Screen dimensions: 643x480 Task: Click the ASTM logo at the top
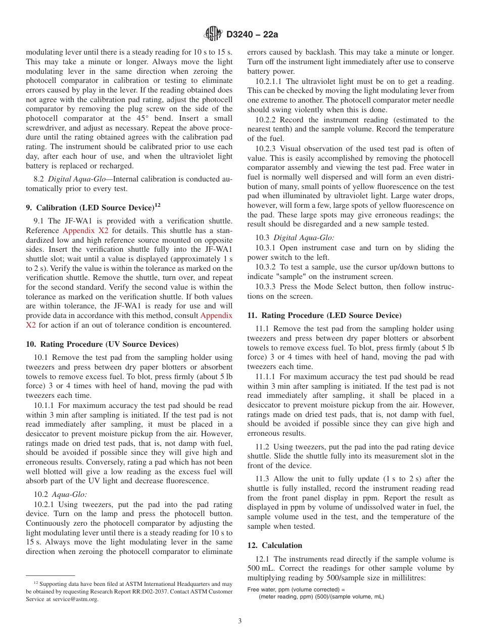click(x=213, y=34)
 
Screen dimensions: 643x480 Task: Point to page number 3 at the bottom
click(x=240, y=621)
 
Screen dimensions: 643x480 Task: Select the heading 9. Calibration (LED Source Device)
click(x=89, y=207)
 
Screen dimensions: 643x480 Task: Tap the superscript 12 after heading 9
click(x=157, y=205)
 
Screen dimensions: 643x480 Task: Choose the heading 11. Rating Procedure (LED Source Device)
click(x=324, y=315)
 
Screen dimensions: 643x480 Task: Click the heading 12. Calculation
click(x=274, y=545)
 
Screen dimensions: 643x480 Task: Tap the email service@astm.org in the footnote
click(x=79, y=599)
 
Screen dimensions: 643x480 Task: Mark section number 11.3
click(x=262, y=479)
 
